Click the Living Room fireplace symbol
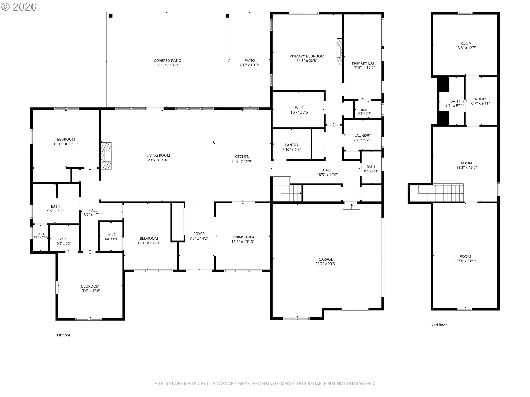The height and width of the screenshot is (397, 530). (106, 156)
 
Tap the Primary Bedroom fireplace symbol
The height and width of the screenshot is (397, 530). (340, 52)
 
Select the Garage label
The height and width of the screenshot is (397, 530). (326, 259)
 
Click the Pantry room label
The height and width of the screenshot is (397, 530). (291, 145)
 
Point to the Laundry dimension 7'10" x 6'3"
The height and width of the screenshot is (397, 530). (363, 140)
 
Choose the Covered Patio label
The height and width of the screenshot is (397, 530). (168, 61)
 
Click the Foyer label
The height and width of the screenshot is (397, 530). (199, 234)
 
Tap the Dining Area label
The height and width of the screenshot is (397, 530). (243, 237)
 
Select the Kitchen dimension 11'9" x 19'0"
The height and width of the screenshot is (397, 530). (242, 161)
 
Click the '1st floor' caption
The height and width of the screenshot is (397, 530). (63, 335)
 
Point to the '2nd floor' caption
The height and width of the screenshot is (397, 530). (439, 325)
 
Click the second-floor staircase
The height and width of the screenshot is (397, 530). (441, 193)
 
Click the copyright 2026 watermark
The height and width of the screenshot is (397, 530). (19, 7)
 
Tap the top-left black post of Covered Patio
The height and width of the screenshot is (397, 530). (111, 16)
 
